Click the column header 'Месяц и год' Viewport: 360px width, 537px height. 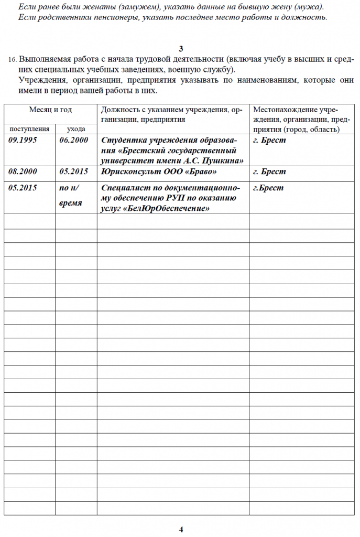click(50, 110)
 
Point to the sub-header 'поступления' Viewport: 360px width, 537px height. click(29, 128)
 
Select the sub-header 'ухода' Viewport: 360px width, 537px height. click(76, 128)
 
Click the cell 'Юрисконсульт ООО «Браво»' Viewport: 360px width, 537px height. click(158, 171)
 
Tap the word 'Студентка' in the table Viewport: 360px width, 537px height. click(123, 141)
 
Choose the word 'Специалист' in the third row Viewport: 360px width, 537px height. click(124, 188)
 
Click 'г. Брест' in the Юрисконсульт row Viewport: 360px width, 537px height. click(269, 171)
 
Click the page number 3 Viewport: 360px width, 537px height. click(181, 49)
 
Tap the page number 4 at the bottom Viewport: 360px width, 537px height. click(181, 529)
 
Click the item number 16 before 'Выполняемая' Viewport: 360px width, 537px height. click(13, 60)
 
